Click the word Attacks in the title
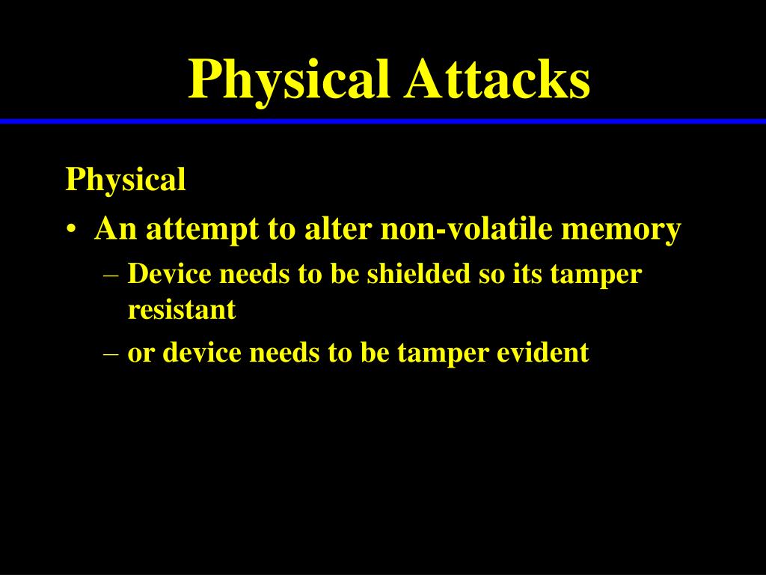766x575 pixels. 497,79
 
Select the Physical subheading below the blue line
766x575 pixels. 126,180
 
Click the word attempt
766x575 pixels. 202,229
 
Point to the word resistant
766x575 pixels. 182,309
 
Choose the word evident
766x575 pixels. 543,352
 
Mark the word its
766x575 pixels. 527,274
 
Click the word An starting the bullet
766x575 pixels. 116,228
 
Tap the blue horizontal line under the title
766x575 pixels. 383,121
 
